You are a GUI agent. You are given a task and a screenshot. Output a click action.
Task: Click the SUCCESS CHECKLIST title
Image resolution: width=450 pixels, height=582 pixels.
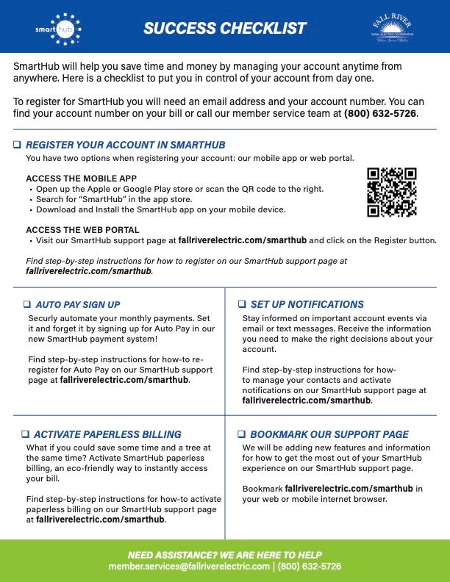click(224, 29)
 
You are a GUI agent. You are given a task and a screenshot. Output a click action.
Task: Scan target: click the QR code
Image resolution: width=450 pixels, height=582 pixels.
click(391, 193)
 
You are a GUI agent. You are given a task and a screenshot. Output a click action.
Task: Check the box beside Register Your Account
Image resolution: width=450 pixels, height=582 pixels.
click(17, 145)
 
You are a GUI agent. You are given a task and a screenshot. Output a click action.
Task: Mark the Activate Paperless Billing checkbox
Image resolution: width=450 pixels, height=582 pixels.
click(25, 434)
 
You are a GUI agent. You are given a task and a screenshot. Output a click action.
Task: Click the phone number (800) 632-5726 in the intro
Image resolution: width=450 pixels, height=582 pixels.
click(380, 114)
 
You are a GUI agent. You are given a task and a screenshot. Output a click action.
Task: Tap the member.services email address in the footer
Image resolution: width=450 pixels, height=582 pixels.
click(189, 567)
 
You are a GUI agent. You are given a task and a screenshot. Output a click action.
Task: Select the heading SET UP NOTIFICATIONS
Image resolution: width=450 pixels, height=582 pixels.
click(307, 304)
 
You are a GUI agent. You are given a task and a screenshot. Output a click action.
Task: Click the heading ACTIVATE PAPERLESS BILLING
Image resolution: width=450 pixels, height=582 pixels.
click(107, 434)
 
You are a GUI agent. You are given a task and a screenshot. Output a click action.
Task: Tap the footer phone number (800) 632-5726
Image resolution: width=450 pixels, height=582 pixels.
click(309, 567)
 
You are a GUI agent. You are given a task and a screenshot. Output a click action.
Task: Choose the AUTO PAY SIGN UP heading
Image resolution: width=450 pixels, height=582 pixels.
click(77, 304)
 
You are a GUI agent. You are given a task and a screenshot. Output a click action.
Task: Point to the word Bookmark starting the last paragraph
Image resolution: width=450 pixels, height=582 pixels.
click(262, 488)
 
